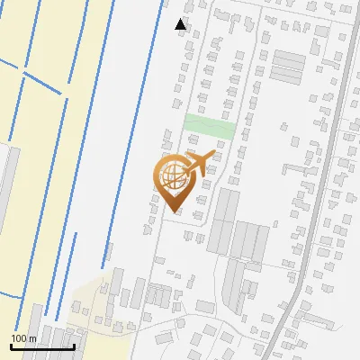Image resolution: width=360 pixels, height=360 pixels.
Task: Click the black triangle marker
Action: coord(181,24)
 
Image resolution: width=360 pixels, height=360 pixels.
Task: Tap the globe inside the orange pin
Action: coord(171,173)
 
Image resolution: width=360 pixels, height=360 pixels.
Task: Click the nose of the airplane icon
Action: coord(213,154)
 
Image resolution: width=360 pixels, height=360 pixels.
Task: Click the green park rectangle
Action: coord(209,127)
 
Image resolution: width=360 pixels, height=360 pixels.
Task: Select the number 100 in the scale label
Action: coord(20,338)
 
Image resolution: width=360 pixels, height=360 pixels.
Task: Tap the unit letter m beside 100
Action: coord(32,338)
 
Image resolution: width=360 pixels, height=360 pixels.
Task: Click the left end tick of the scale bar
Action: coord(12,346)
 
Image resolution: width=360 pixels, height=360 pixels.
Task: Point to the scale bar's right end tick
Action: coord(74,346)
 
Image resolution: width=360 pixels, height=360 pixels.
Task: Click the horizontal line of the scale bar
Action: coord(42,347)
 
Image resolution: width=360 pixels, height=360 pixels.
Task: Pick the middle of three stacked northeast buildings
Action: coord(289,67)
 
